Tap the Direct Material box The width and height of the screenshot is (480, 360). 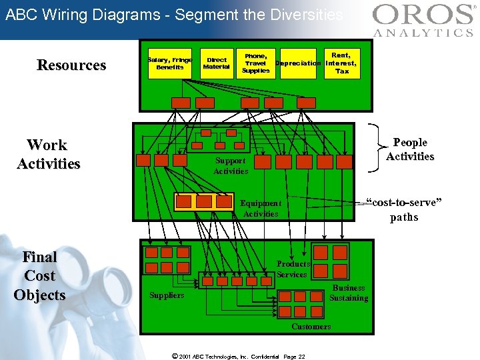(216, 63)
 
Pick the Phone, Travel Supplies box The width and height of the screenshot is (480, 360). (256, 63)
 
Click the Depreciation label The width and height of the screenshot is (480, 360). (298, 63)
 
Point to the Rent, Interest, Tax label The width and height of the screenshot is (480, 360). (341, 63)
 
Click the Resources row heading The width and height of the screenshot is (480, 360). (71, 65)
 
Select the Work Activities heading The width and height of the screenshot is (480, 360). (48, 155)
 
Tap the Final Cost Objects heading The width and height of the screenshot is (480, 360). (39, 276)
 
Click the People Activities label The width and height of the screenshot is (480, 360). (410, 149)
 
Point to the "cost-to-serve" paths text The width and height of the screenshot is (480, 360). (404, 210)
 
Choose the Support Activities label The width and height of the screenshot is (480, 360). (230, 166)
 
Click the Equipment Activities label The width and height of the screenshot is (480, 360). (261, 209)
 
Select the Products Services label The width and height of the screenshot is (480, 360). (293, 269)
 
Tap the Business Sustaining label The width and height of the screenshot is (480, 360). (349, 293)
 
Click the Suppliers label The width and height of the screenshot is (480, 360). (167, 295)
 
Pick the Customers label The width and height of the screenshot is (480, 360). (311, 327)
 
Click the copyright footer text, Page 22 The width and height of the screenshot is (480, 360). (238, 356)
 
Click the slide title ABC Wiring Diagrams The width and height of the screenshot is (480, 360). (173, 15)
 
